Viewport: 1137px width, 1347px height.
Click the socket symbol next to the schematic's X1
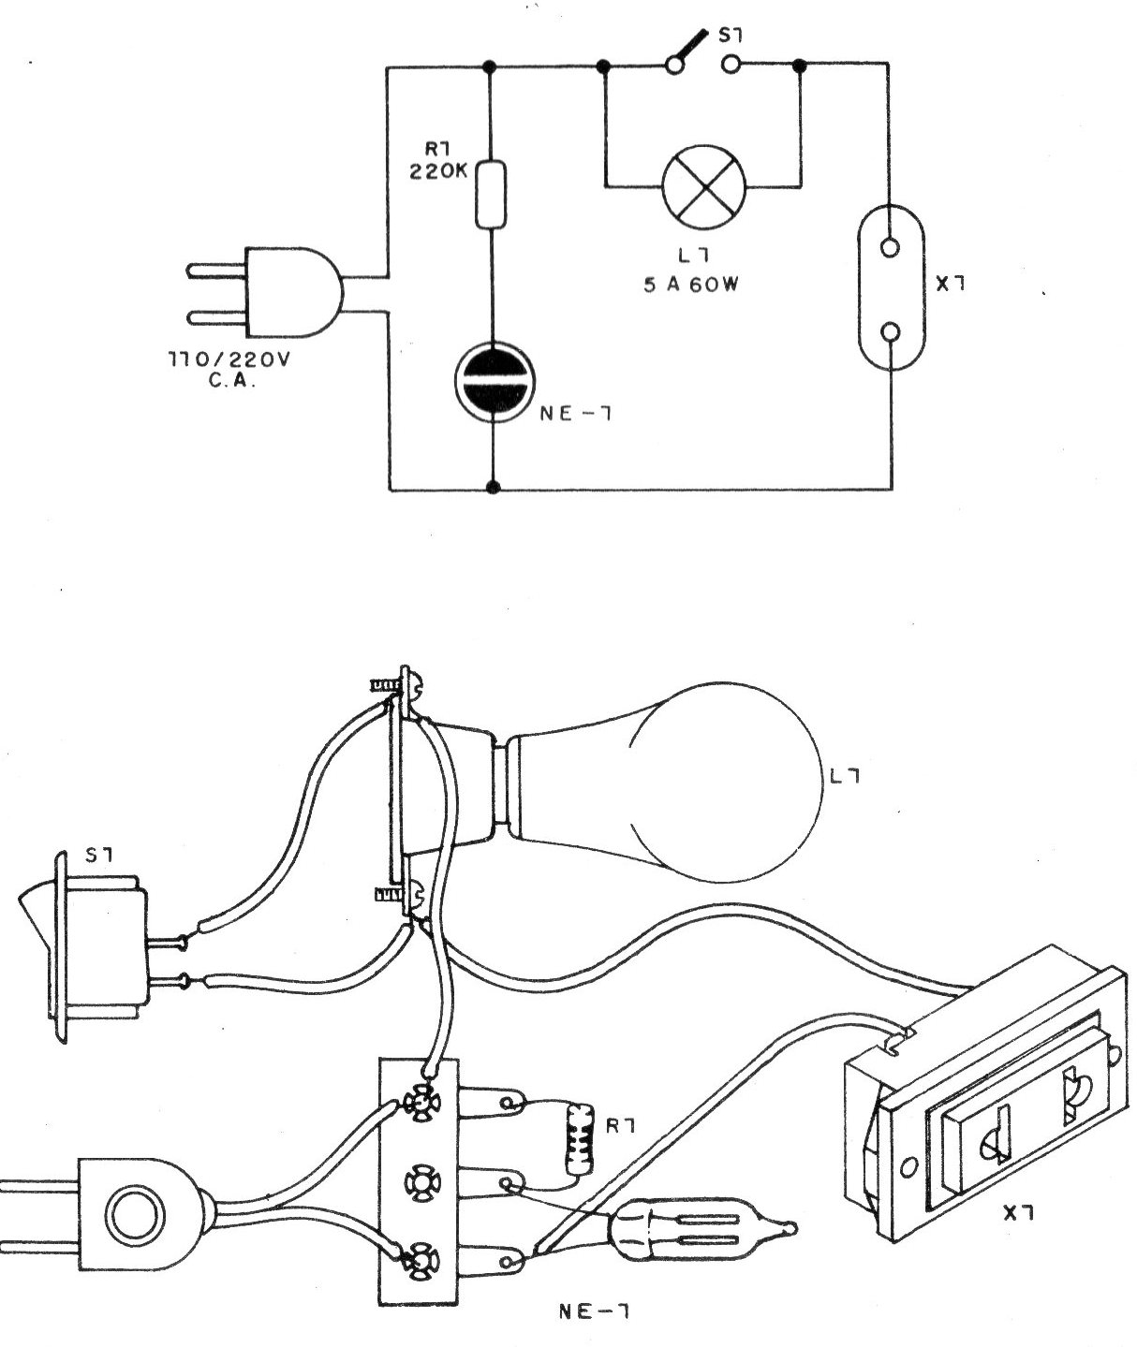click(891, 290)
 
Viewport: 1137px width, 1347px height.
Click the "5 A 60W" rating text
click(691, 286)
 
